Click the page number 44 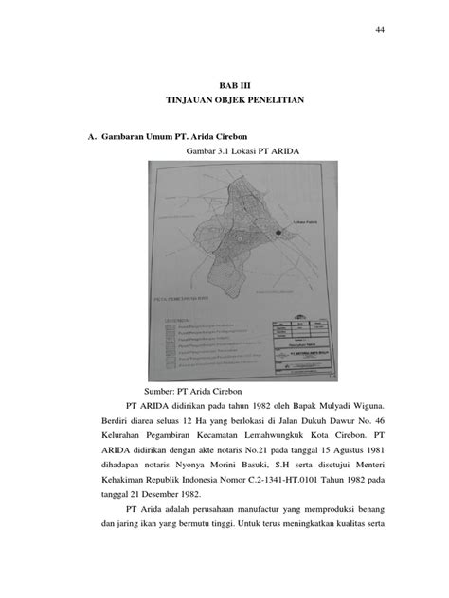(380, 31)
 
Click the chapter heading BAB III (225, 86)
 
